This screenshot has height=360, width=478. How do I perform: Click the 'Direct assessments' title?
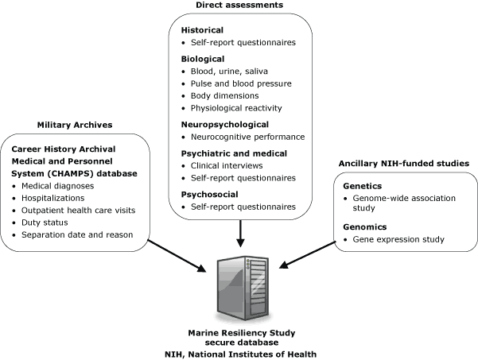(239, 6)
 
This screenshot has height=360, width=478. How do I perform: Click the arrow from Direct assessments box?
(239, 233)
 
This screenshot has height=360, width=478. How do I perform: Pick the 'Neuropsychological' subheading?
(224, 124)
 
